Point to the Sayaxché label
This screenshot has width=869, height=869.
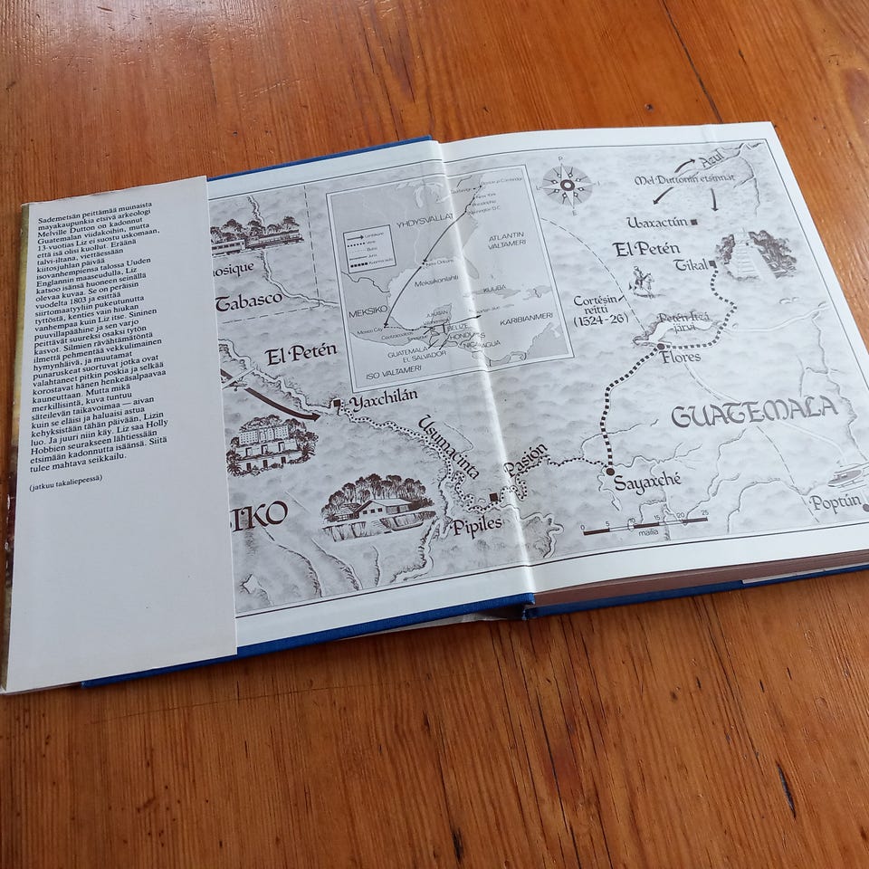point(647,482)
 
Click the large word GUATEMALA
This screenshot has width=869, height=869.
point(754,412)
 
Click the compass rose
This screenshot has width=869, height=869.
point(568,188)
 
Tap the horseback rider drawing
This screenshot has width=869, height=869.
point(643,282)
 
